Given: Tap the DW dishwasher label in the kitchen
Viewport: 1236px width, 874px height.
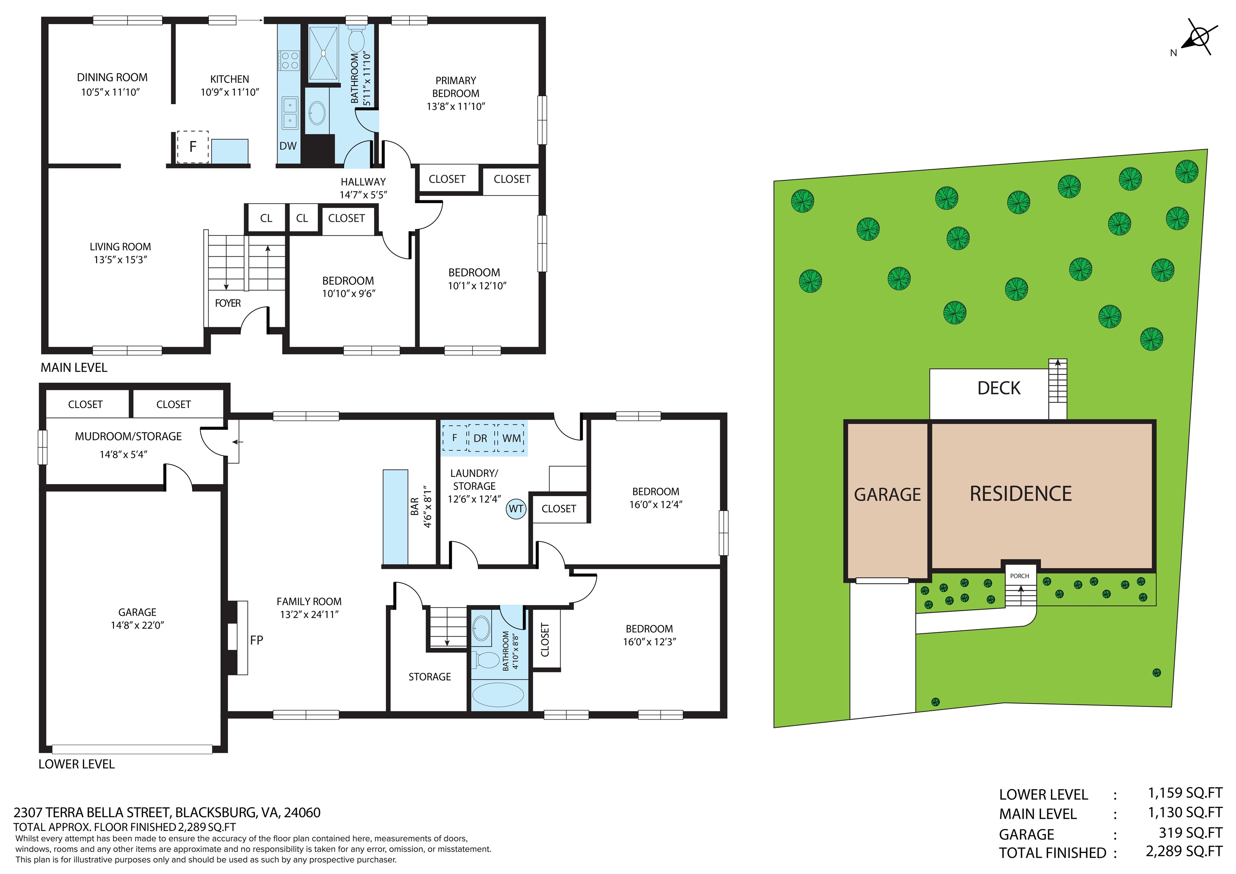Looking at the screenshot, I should (x=288, y=146).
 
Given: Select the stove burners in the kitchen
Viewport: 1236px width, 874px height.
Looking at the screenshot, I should (x=289, y=60).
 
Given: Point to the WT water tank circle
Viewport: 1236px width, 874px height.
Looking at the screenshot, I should (x=516, y=509).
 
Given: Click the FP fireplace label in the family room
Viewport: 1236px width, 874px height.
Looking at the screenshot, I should (x=257, y=640).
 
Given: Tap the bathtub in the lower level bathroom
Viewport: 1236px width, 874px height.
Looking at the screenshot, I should (x=498, y=695).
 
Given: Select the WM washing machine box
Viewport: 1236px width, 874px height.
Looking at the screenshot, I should (x=511, y=438).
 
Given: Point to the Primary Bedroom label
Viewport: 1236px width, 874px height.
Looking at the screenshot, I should (x=455, y=87).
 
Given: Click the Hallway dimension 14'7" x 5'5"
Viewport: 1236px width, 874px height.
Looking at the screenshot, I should (x=363, y=195).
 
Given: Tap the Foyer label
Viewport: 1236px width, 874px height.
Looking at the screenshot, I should (x=228, y=303).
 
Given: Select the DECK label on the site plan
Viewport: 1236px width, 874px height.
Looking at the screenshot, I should (x=999, y=388).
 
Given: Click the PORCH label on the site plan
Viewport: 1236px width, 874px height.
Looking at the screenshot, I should (x=1020, y=576).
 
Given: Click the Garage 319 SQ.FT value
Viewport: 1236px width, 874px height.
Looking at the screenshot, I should (x=1190, y=833).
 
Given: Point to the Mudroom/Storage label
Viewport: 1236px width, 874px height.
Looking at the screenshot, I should (x=128, y=436).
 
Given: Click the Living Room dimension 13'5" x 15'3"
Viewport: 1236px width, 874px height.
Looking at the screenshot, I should (x=121, y=260).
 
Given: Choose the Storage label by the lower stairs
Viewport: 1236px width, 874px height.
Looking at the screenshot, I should (x=430, y=677).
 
